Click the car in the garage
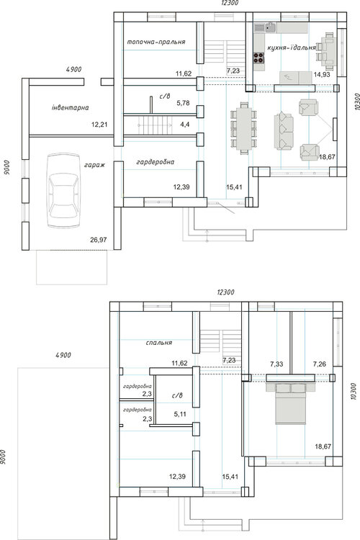(x=64, y=191)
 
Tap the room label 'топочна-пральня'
(x=156, y=42)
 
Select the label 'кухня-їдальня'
(x=292, y=48)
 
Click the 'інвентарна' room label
(x=71, y=107)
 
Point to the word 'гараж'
(x=94, y=165)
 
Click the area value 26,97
(x=99, y=240)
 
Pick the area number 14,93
(x=322, y=74)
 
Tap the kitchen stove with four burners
(x=259, y=58)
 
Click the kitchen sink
(x=271, y=27)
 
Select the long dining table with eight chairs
(x=244, y=128)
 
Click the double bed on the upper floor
(x=291, y=404)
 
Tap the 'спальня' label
(x=159, y=343)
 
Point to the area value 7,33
(x=276, y=364)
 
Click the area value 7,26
(x=320, y=364)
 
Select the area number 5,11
(x=180, y=414)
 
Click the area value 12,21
(x=99, y=125)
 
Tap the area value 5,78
(x=183, y=103)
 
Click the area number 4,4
(x=184, y=125)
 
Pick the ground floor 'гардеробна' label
(x=156, y=162)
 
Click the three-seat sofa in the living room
(x=284, y=130)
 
